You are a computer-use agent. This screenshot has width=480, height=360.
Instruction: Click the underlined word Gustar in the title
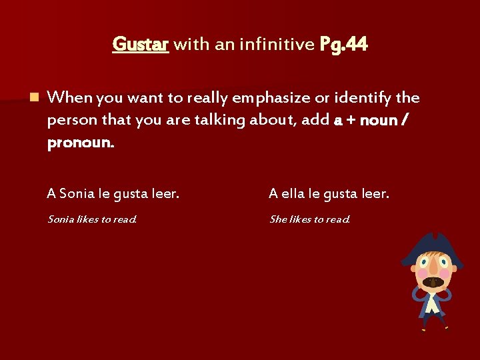click(141, 45)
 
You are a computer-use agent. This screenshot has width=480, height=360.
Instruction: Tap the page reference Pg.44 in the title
click(343, 45)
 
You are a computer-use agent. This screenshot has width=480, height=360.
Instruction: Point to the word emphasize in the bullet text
click(271, 98)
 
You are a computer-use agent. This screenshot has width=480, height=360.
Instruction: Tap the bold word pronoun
click(80, 143)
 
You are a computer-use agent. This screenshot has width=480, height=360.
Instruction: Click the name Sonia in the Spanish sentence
click(77, 194)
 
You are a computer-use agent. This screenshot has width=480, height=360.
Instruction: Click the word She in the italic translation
click(278, 219)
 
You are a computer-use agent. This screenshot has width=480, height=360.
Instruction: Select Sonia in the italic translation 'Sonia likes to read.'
click(61, 219)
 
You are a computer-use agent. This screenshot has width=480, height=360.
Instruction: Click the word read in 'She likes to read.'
click(337, 219)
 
